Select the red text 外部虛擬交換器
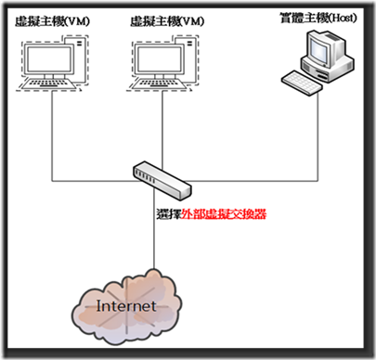pos(224,212)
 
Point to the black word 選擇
pos(168,212)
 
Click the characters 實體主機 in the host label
pos(299,18)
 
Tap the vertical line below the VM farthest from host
pos(50,130)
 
